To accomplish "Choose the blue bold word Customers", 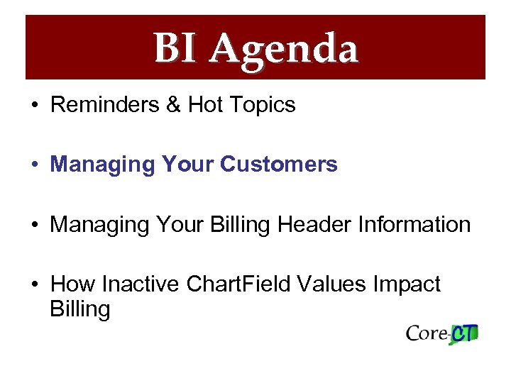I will click(279, 165).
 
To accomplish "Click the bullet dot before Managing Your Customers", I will click(34, 165).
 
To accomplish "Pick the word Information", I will click(414, 225).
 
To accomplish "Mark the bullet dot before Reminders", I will click(34, 106).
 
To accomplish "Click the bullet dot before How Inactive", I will click(34, 285).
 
